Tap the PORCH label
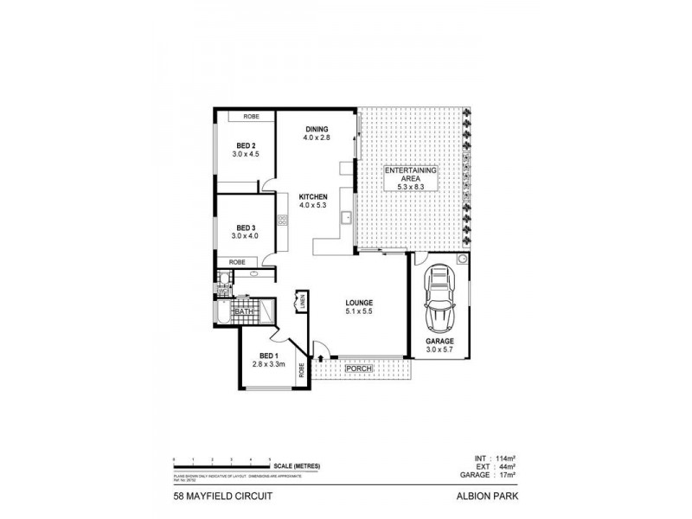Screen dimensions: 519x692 click(x=359, y=369)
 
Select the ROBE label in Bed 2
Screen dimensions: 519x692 click(x=251, y=116)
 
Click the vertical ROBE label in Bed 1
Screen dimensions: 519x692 click(x=301, y=371)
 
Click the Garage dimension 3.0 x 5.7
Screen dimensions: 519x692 click(x=439, y=350)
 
